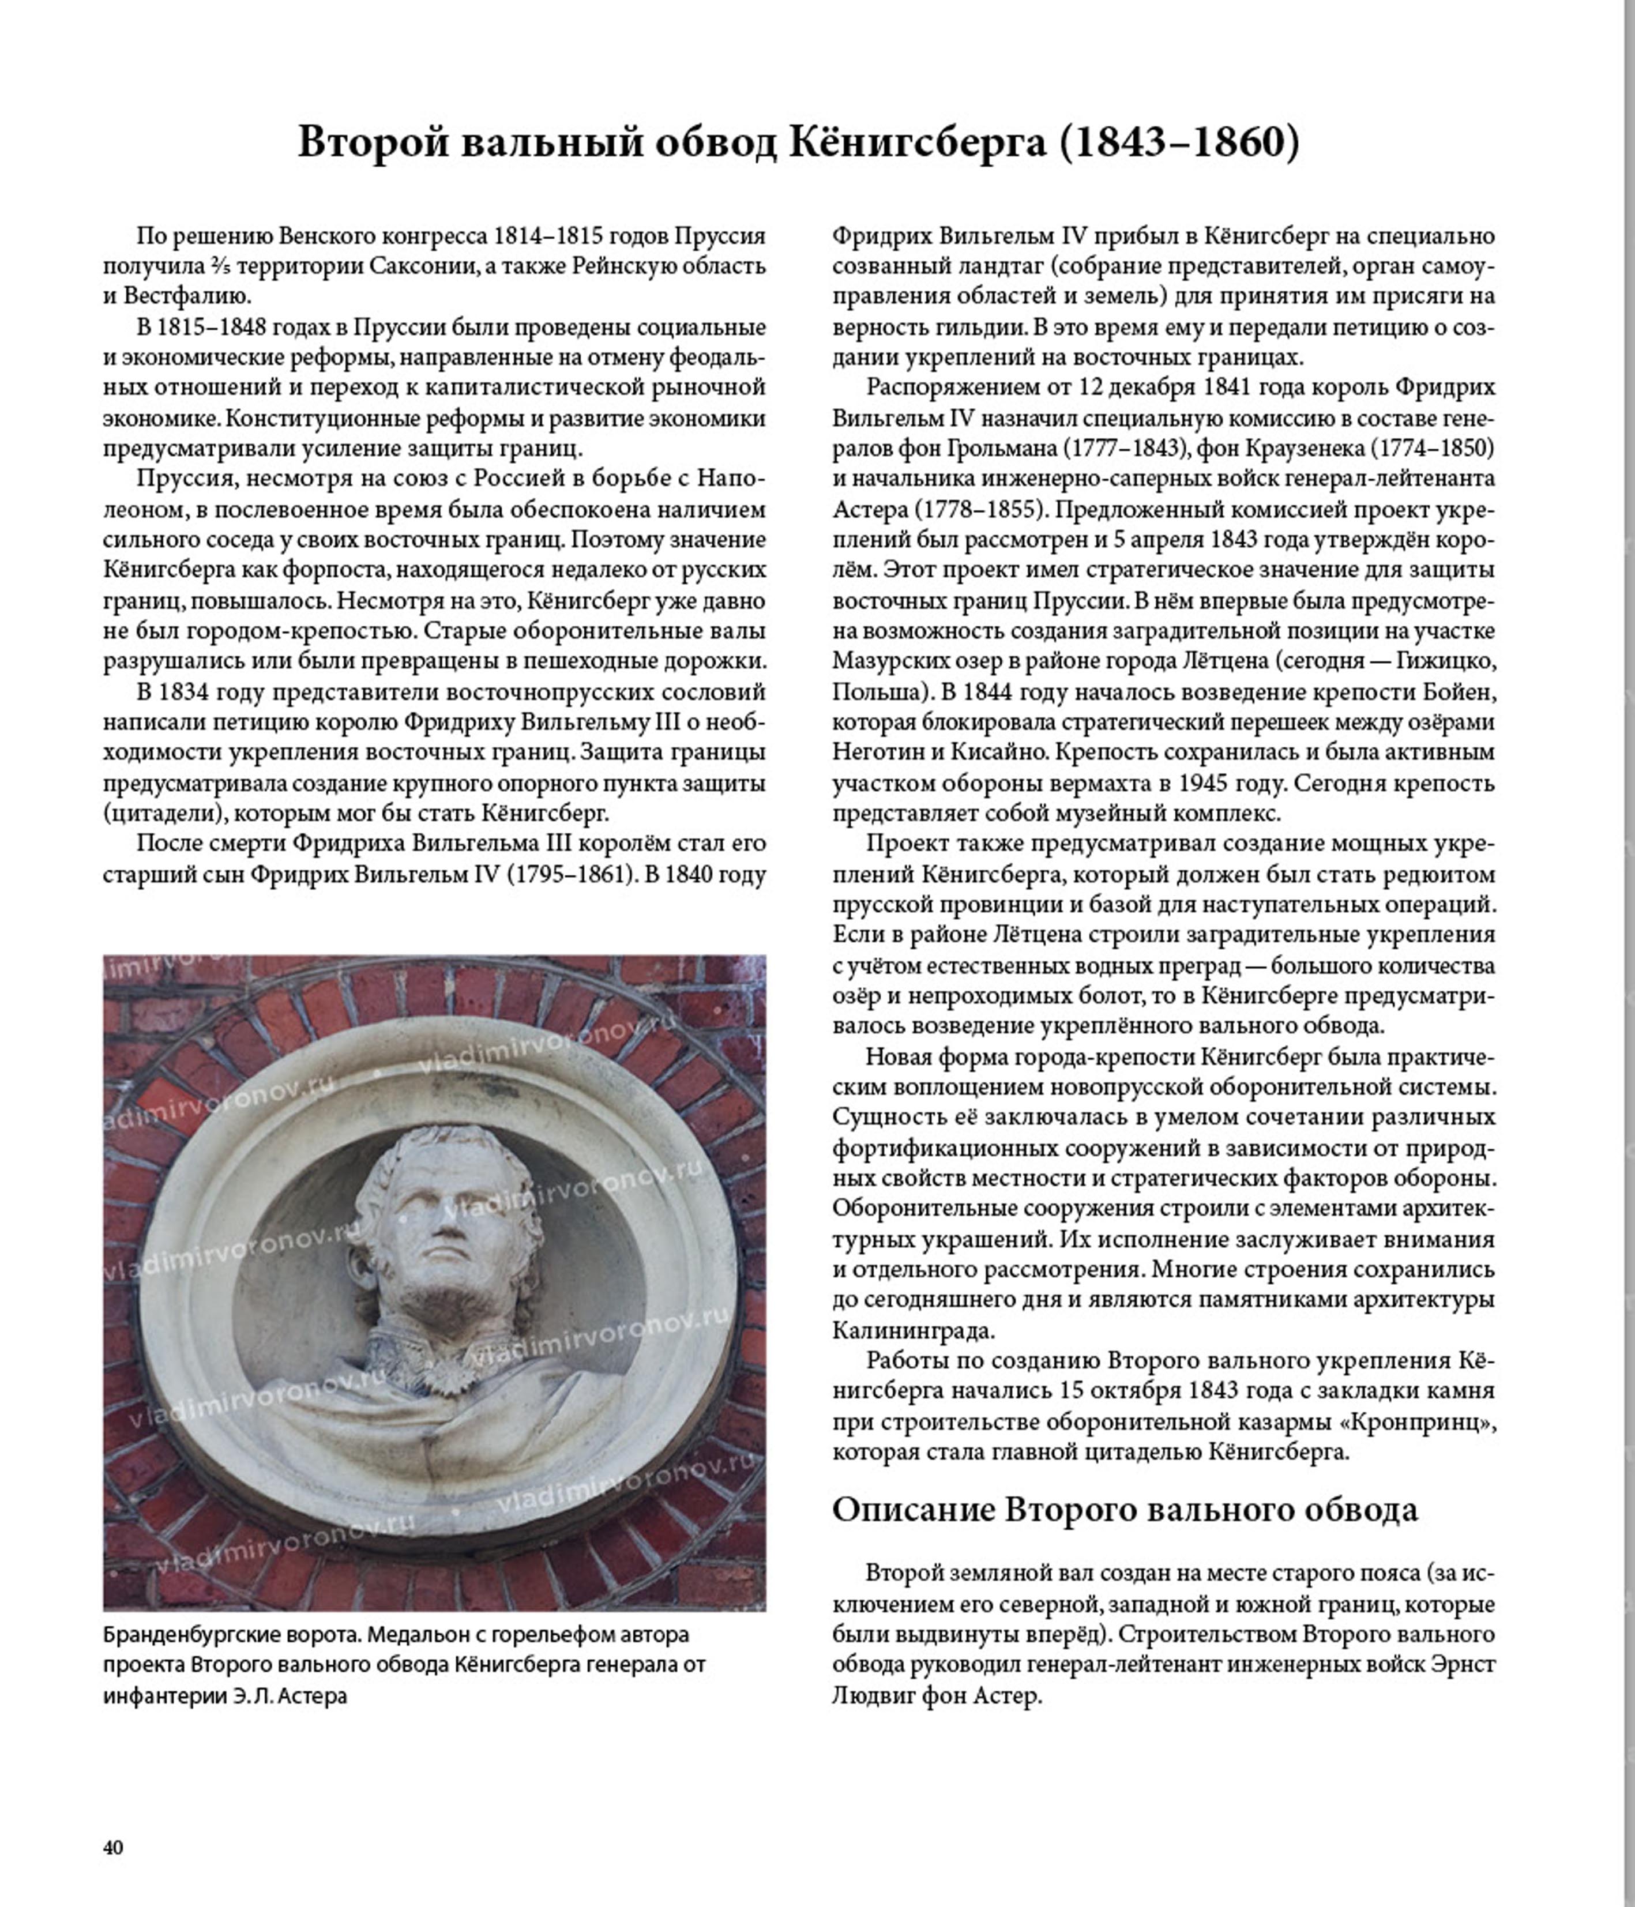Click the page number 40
click(x=113, y=1847)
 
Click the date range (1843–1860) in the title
click(x=1180, y=142)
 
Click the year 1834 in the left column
click(x=186, y=691)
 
